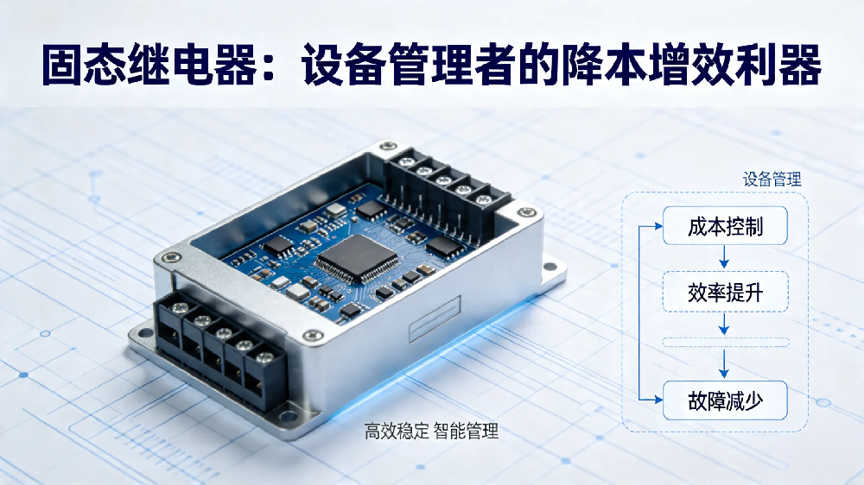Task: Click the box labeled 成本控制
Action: [725, 226]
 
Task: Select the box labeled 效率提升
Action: [725, 292]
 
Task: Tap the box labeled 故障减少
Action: [725, 400]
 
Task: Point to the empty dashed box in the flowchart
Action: [726, 343]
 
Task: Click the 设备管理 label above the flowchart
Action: [772, 179]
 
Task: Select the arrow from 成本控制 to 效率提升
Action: [725, 256]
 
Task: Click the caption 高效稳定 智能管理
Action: [431, 431]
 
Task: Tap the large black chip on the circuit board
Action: [357, 258]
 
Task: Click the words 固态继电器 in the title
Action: [149, 65]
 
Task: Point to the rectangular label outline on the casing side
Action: [435, 318]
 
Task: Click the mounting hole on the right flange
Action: [550, 267]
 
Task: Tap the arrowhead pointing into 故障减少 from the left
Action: [658, 400]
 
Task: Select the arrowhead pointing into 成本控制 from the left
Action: [658, 226]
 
